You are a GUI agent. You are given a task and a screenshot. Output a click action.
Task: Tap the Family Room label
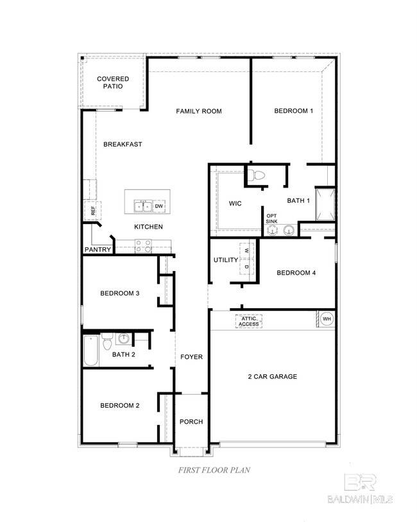pyautogui.click(x=199, y=111)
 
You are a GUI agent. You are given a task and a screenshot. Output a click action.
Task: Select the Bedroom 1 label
pyautogui.click(x=293, y=111)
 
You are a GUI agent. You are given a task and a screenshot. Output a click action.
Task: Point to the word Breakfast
pyautogui.click(x=123, y=144)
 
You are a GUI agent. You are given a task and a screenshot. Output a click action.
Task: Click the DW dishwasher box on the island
pyautogui.click(x=158, y=206)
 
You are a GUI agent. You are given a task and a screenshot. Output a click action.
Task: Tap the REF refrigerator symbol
pyautogui.click(x=92, y=210)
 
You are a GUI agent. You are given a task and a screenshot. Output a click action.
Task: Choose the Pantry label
pyautogui.click(x=98, y=250)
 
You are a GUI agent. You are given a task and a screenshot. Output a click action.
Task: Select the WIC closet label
pyautogui.click(x=235, y=204)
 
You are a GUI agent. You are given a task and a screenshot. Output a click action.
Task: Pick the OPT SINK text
pyautogui.click(x=272, y=218)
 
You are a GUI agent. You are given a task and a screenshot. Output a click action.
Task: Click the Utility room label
pyautogui.click(x=226, y=260)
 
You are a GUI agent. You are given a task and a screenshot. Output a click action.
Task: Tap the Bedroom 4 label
pyautogui.click(x=296, y=273)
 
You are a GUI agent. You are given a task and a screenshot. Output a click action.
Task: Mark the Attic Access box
pyautogui.click(x=248, y=321)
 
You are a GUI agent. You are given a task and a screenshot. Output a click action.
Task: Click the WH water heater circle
pyautogui.click(x=327, y=319)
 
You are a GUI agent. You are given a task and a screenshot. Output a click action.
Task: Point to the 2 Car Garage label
pyautogui.click(x=273, y=376)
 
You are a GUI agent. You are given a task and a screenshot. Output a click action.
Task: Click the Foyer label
pyautogui.click(x=191, y=357)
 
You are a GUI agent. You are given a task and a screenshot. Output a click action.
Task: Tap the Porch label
pyautogui.click(x=191, y=422)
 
